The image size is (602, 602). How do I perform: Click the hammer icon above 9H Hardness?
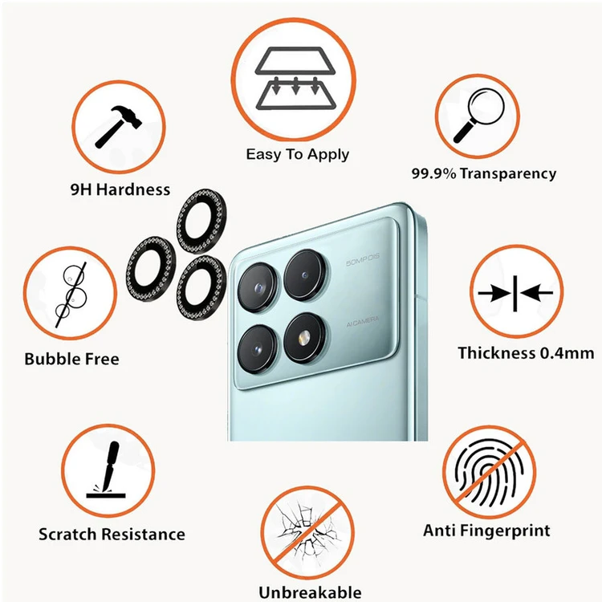tap(118, 127)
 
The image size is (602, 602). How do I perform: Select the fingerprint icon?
tap(489, 473)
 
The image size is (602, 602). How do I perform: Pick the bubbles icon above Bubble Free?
tap(71, 294)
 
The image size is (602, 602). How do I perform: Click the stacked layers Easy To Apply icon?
tap(295, 79)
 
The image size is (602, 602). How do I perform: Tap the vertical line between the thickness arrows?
tap(515, 293)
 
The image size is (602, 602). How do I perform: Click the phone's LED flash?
tap(303, 337)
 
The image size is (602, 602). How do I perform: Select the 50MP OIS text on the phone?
tap(363, 260)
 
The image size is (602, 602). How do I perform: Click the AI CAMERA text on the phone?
tap(363, 322)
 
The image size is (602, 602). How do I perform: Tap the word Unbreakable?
tap(310, 592)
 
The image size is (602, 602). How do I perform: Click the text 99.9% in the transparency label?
tap(433, 173)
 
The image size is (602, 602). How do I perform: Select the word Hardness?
tap(132, 189)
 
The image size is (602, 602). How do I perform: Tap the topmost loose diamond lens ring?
tap(201, 222)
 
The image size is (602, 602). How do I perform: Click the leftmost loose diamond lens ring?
tap(151, 268)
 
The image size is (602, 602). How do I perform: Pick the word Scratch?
tap(67, 534)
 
